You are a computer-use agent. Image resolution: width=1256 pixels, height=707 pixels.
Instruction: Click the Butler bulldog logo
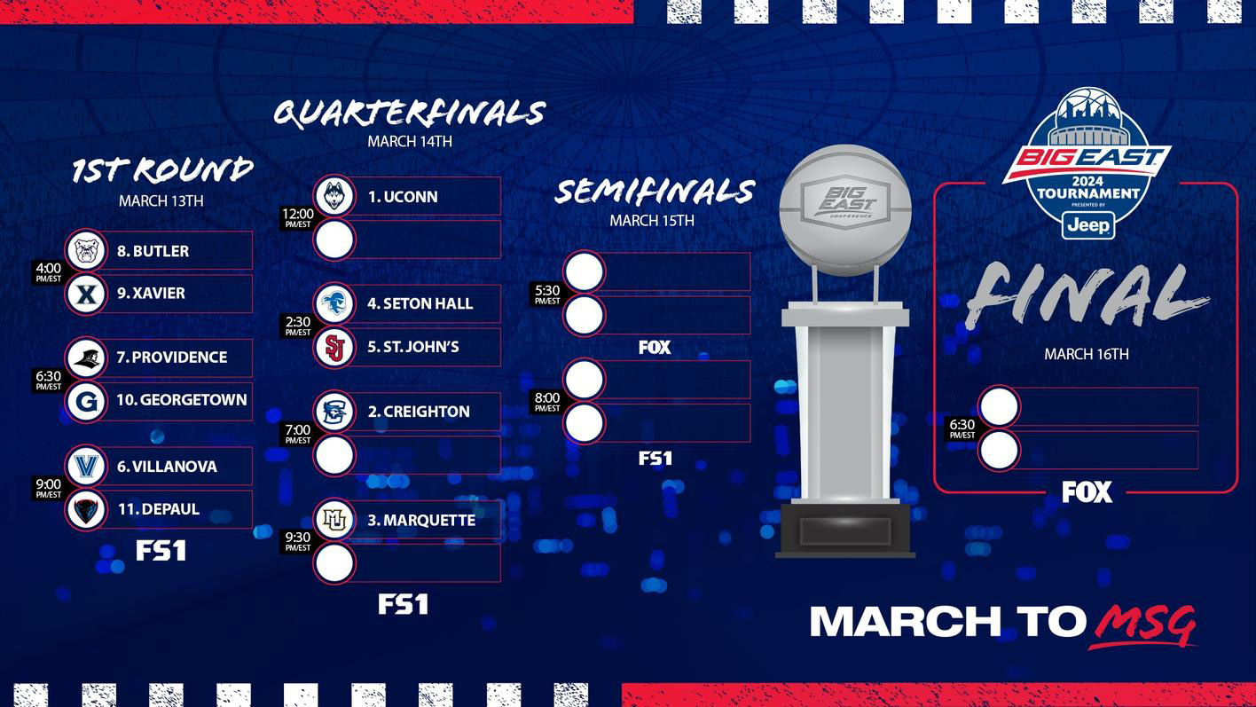86,251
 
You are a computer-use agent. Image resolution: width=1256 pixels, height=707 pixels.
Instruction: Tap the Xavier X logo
86,294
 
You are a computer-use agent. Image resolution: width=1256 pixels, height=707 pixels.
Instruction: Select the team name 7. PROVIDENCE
171,357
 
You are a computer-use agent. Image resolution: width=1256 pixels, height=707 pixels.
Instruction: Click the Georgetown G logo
86,402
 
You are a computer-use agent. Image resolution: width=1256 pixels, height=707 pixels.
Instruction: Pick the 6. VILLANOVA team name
167,467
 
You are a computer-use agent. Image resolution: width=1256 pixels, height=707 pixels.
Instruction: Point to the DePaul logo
86,510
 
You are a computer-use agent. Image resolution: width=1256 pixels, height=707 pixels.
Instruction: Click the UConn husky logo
334,196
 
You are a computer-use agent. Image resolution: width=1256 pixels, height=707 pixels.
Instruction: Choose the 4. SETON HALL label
420,304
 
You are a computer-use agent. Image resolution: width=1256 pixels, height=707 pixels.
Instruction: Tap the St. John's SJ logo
334,348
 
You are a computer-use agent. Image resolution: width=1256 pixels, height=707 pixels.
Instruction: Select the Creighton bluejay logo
334,412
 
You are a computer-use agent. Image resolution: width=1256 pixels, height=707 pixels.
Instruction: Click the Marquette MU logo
334,520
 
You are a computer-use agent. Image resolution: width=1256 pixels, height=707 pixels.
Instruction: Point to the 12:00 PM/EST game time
298,217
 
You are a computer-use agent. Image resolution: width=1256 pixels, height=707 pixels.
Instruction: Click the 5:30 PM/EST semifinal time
547,295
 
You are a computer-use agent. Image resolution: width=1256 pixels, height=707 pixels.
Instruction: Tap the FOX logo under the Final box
1087,491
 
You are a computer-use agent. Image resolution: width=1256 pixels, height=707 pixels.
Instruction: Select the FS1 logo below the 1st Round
161,551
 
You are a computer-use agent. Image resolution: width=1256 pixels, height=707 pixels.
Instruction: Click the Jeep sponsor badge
1088,225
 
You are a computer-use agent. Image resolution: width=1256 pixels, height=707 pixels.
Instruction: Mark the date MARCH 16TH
1086,354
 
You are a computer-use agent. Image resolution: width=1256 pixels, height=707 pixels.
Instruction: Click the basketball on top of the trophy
845,210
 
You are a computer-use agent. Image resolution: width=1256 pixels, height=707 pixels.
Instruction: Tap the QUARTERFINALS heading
409,114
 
